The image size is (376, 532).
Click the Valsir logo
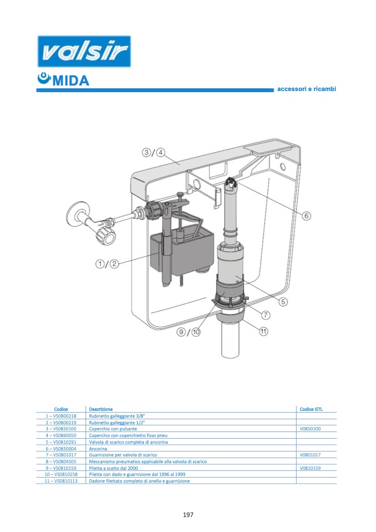click(84, 53)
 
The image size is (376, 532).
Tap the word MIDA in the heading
click(69, 81)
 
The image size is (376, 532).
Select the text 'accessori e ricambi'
click(307, 89)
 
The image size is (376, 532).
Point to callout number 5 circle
click(283, 302)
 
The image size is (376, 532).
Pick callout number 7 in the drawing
click(265, 315)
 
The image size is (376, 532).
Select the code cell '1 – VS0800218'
click(61, 415)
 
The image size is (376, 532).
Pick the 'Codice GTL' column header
click(310, 409)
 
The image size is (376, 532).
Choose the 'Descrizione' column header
click(101, 409)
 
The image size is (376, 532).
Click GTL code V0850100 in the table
click(310, 429)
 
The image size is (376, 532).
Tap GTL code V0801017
click(310, 455)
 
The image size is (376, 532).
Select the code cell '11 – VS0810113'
click(61, 481)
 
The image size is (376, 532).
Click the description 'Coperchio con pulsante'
click(113, 429)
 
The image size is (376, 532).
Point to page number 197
click(188, 514)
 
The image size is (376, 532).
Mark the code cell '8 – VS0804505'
click(61, 461)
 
